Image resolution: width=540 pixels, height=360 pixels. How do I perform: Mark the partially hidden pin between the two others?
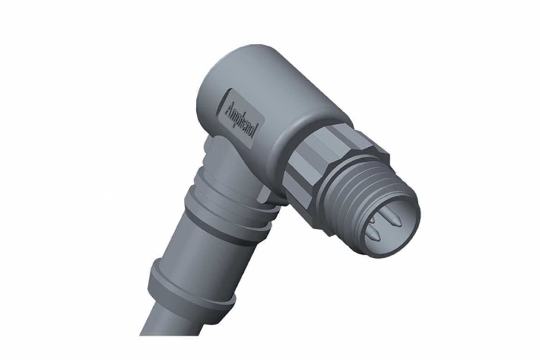tap(373, 225)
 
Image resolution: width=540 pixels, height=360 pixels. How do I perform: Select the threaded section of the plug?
tap(355, 189)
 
